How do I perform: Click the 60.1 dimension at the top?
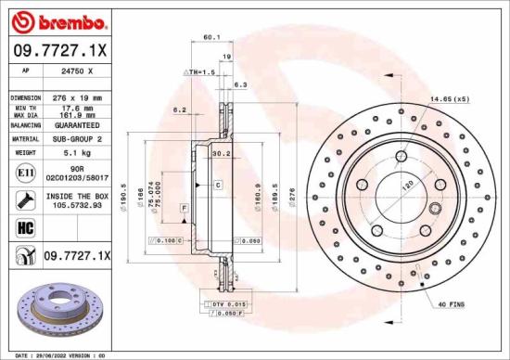[210, 38]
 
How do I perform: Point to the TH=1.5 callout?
[201, 71]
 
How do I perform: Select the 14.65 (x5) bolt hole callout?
[449, 98]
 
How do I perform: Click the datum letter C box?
[217, 186]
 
